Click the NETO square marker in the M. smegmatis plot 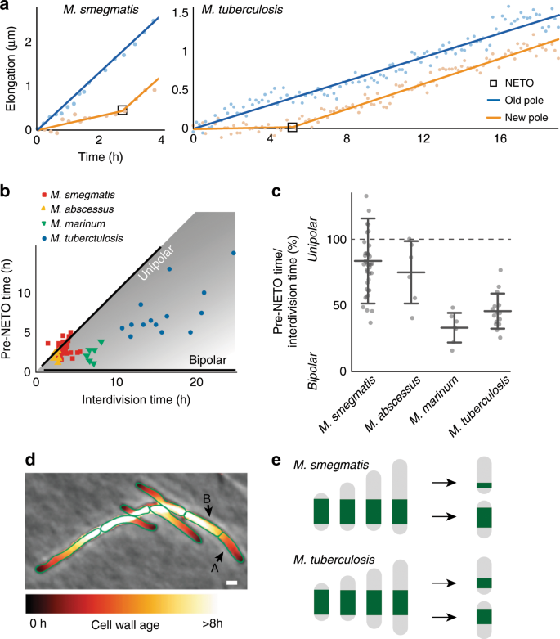pos(122,110)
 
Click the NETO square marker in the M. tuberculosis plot pos(292,127)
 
